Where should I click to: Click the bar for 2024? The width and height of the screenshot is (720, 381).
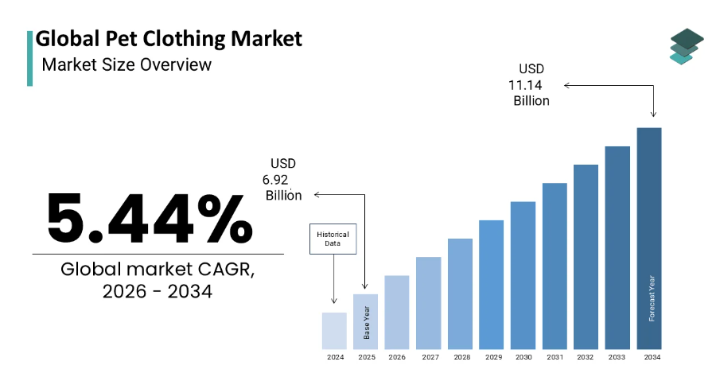pos(334,331)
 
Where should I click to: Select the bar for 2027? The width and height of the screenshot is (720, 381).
pos(428,303)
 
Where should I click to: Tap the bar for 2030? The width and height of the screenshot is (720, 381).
pos(523,275)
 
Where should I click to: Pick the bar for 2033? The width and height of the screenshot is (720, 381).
pos(617,248)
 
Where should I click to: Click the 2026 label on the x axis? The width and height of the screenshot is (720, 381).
pos(397,357)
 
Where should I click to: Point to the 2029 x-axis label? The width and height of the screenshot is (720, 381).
pos(493,357)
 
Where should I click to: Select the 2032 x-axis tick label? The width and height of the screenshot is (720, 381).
pos(585,357)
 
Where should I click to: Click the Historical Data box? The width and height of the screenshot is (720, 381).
pos(333,239)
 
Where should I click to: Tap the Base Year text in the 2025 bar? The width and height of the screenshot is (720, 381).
pos(367,323)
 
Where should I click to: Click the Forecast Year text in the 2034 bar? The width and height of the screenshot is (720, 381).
pos(652,298)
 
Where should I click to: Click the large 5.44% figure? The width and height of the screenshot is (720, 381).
pos(150,218)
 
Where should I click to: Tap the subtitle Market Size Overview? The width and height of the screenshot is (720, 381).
pos(126,64)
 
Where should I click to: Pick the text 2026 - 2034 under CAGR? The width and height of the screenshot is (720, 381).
pos(157,291)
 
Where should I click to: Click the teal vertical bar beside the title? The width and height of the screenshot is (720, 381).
pos(30,58)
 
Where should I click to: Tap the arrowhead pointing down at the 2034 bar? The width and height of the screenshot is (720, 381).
pos(653,115)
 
